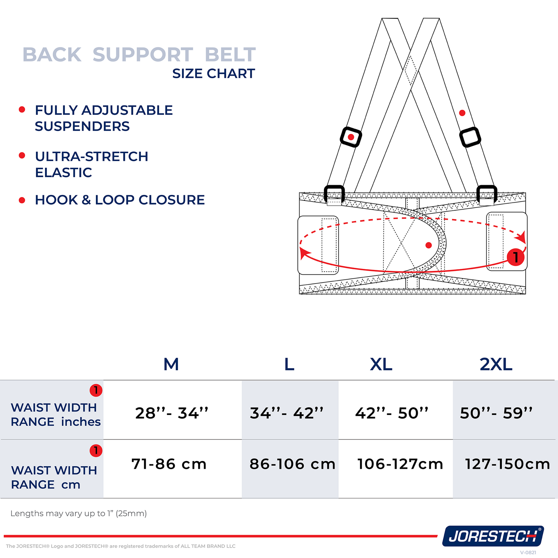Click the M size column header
(x=171, y=364)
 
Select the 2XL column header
(x=496, y=364)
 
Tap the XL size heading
(x=381, y=364)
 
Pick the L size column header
(x=289, y=364)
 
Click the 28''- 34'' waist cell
(x=172, y=413)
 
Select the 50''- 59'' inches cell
(x=496, y=413)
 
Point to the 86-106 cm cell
(x=292, y=464)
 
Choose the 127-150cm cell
(x=507, y=464)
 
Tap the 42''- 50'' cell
(x=392, y=413)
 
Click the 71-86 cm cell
(x=169, y=464)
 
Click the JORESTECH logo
(x=493, y=536)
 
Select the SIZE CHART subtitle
(x=213, y=74)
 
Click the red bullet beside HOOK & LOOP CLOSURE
(x=22, y=200)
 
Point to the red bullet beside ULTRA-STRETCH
(x=22, y=156)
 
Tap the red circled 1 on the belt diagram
(x=515, y=257)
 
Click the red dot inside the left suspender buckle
(x=351, y=137)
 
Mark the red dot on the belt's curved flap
(x=429, y=245)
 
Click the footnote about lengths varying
(x=78, y=513)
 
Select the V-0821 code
(x=528, y=552)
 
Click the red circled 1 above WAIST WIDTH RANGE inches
(x=96, y=390)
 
